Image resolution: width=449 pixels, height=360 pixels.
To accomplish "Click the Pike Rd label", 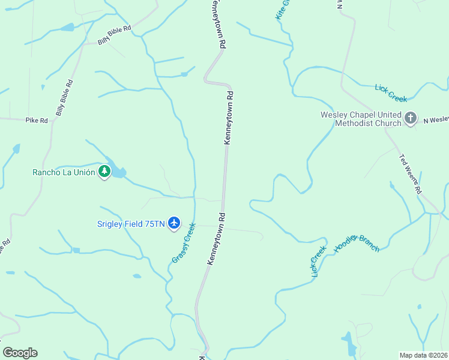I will pyautogui.click(x=36, y=120).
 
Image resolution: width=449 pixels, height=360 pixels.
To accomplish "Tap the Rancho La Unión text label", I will pyautogui.click(x=64, y=172).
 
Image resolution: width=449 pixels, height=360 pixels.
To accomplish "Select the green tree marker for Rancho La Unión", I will pyautogui.click(x=105, y=172).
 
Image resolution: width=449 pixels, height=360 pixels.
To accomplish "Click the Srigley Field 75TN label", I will pyautogui.click(x=131, y=224).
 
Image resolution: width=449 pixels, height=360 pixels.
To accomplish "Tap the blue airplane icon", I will pyautogui.click(x=174, y=223).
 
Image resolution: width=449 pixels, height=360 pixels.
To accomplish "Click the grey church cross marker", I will pyautogui.click(x=411, y=118).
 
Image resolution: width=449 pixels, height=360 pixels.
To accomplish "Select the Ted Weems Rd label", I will pyautogui.click(x=411, y=174).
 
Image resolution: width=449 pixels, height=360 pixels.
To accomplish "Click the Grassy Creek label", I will pyautogui.click(x=184, y=243).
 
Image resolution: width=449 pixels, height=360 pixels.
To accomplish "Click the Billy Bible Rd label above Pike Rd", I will pyautogui.click(x=64, y=98).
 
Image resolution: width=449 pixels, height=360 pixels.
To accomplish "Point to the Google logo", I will pyautogui.click(x=20, y=353).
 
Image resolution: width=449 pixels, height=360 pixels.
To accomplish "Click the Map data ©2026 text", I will pyautogui.click(x=423, y=355).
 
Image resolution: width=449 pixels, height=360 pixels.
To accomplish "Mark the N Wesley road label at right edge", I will pyautogui.click(x=436, y=120).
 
